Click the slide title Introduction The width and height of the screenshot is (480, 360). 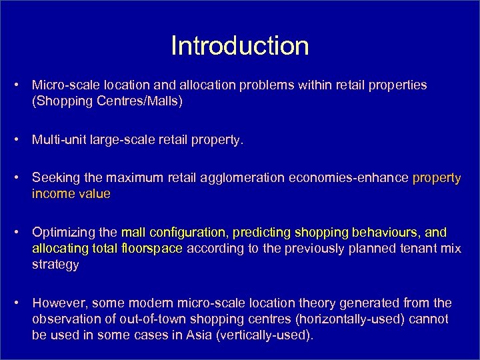point(240,46)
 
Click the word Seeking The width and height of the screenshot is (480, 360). point(55,178)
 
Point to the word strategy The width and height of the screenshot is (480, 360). point(55,264)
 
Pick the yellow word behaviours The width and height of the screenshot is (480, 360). point(382,232)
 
